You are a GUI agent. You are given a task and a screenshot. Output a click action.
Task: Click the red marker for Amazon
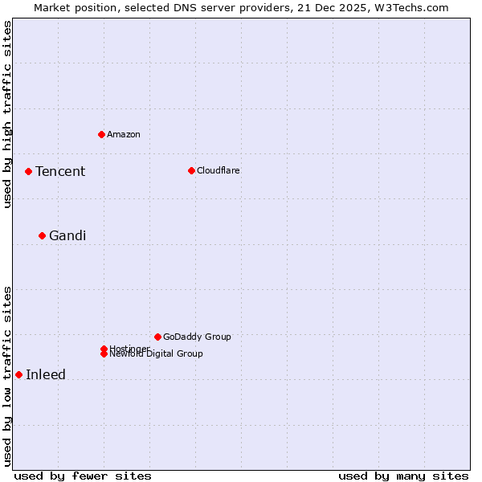(x=101, y=134)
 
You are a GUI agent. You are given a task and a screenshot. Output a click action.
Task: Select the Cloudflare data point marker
(x=191, y=170)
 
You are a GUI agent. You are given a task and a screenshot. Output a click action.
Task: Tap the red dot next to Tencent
(x=28, y=171)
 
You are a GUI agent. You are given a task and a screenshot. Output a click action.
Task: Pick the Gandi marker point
(x=42, y=235)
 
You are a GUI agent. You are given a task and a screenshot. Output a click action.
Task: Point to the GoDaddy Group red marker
(x=157, y=337)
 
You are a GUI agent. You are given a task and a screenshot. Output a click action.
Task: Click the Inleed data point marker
(x=18, y=374)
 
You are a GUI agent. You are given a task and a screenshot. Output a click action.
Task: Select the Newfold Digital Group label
(x=157, y=354)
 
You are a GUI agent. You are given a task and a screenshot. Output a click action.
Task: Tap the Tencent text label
(x=60, y=171)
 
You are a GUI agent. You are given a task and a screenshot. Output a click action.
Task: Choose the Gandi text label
(x=67, y=235)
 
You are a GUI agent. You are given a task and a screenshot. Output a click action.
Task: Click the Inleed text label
(x=46, y=374)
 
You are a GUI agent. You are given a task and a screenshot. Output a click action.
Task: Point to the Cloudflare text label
(x=218, y=170)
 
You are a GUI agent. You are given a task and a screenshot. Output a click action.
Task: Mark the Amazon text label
(x=124, y=134)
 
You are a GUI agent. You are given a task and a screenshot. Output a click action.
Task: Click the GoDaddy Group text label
(x=197, y=337)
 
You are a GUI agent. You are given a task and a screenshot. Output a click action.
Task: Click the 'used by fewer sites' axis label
(x=83, y=476)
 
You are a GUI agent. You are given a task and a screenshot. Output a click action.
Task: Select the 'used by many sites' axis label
(x=403, y=476)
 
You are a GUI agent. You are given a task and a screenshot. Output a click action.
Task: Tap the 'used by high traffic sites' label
(x=7, y=114)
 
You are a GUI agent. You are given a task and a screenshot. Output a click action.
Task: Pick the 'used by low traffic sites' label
(x=7, y=375)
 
